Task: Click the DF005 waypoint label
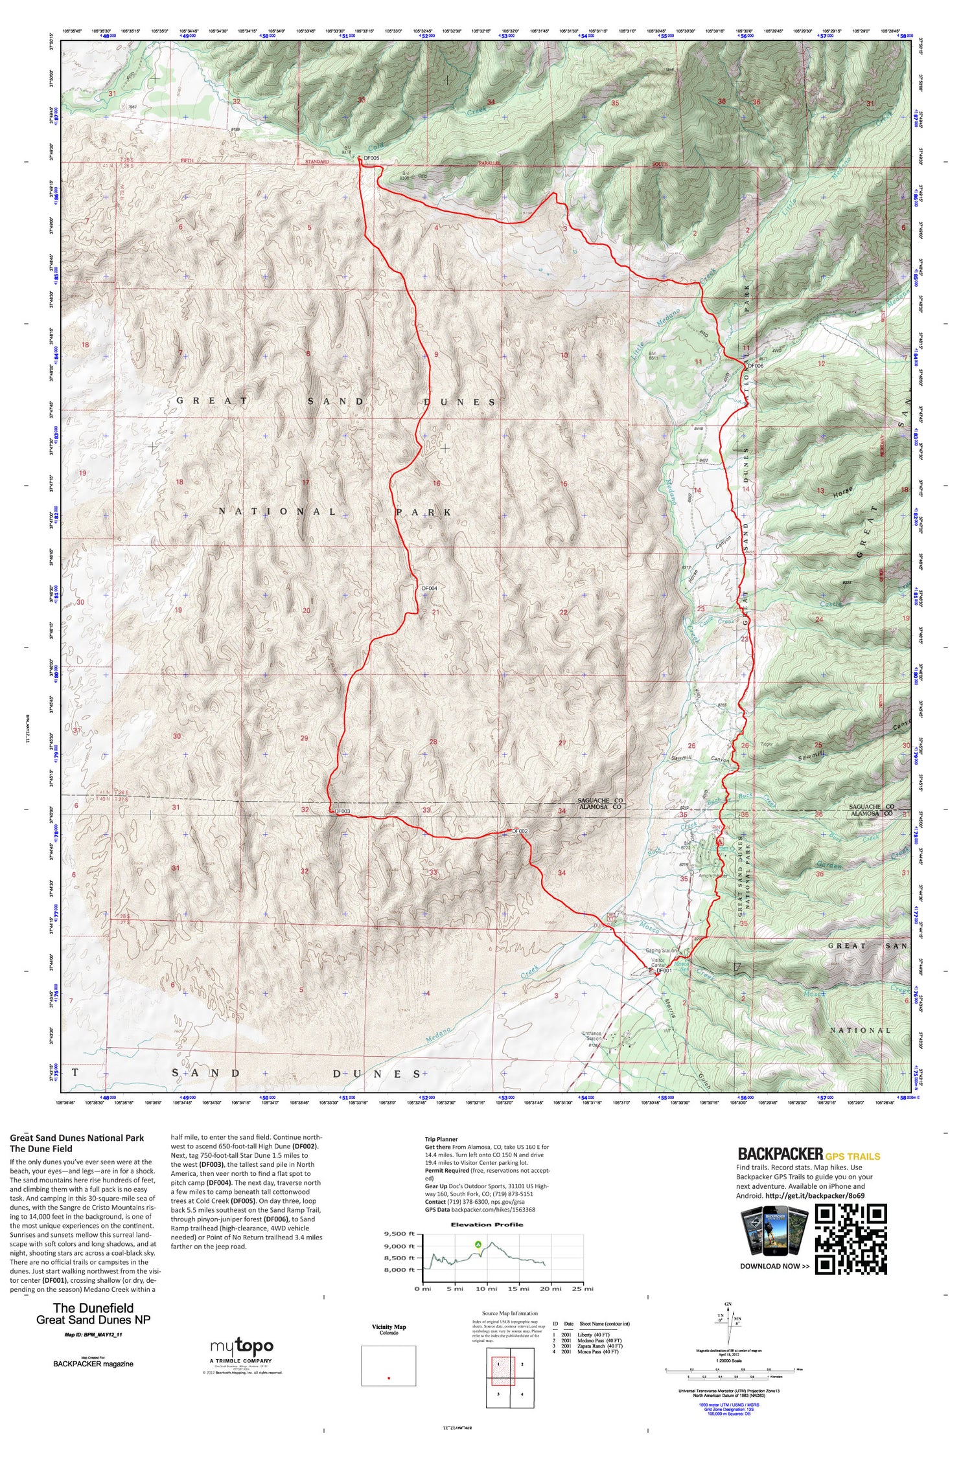371,158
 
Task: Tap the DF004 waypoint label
430,588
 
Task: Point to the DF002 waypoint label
520,831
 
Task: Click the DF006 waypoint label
756,366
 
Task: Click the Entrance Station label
591,1037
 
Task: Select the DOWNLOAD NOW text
774,1266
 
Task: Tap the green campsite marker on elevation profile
478,1244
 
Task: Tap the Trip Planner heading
441,1139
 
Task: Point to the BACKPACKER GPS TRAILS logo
809,1154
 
